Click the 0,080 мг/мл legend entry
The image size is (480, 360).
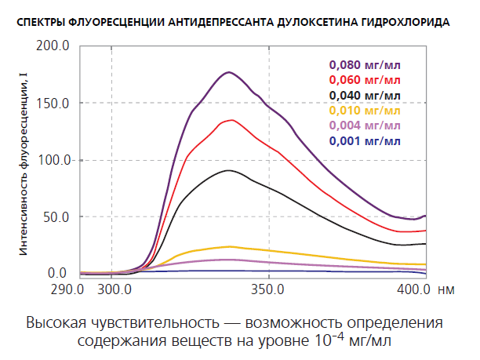click(365, 65)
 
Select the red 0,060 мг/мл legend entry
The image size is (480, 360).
click(365, 80)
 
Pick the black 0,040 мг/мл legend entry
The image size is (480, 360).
click(365, 96)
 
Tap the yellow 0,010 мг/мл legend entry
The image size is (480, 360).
click(365, 111)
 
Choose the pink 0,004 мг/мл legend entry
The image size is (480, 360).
click(365, 125)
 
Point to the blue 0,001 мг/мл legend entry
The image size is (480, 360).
click(365, 141)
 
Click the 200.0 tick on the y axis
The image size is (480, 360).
click(54, 46)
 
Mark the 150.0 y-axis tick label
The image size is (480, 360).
click(54, 104)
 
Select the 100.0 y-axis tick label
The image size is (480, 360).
click(54, 160)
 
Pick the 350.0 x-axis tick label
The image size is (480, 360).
click(268, 289)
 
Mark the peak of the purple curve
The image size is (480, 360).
click(228, 72)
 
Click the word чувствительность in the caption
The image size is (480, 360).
click(152, 323)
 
